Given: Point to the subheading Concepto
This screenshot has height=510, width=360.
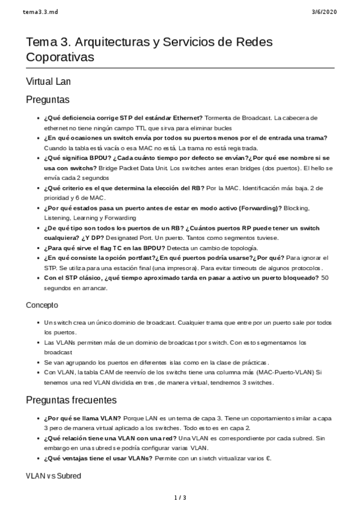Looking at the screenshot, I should click(42, 306).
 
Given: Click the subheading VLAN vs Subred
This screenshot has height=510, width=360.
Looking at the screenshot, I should click(54, 476).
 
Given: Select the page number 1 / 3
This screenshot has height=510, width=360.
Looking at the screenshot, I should click(180, 497).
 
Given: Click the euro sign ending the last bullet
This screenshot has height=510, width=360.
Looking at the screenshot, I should click(269, 458).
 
